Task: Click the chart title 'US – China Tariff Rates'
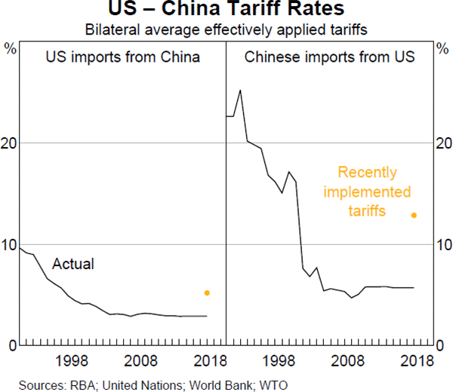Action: pos(226,11)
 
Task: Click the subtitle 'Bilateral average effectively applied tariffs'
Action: pos(226,31)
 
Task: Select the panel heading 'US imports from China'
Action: pos(123,57)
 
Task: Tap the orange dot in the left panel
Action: pos(207,292)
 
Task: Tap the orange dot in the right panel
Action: pos(414,215)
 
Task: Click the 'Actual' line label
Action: pos(72,264)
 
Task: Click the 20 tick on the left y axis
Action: pos(10,143)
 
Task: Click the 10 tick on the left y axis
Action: pos(10,245)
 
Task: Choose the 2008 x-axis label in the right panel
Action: pos(349,360)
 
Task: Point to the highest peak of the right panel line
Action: pos(240,90)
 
